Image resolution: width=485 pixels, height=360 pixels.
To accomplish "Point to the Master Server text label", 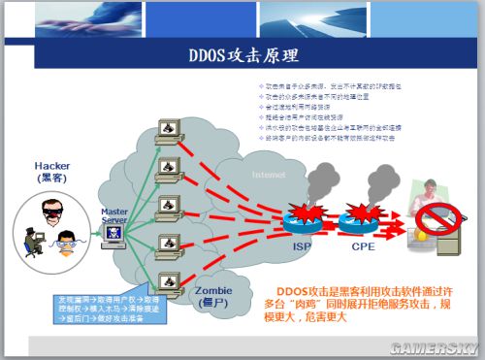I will (114, 216).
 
